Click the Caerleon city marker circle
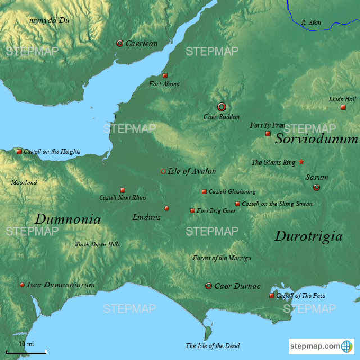[119, 43]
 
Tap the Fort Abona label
[164, 84]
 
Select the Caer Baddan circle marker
[222, 106]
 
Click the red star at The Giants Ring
[301, 162]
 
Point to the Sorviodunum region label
[316, 139]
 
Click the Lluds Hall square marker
[343, 107]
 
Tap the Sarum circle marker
[317, 187]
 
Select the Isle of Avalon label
[192, 171]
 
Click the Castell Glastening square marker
[204, 191]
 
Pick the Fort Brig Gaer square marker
[192, 210]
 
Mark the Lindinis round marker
[166, 208]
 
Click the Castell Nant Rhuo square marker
[123, 190]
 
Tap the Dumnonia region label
[67, 219]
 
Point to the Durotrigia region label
[308, 236]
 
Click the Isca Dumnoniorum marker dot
[22, 285]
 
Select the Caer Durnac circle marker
[209, 286]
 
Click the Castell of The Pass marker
[272, 295]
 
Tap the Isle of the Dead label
[213, 345]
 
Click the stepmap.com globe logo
[348, 346]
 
